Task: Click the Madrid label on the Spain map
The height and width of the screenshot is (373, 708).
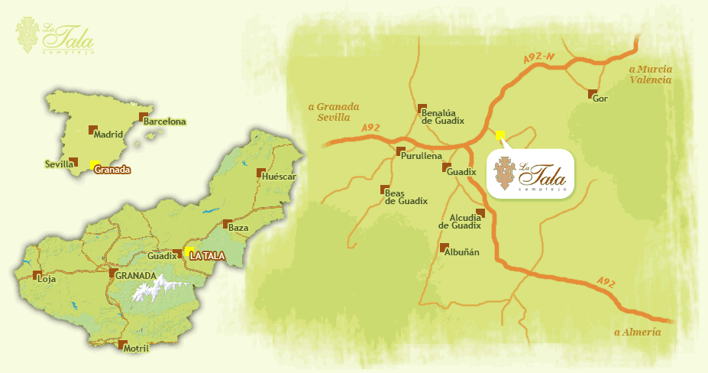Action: click(x=108, y=135)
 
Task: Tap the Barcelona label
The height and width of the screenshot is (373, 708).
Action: click(x=165, y=122)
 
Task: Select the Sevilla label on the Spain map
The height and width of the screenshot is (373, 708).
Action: click(x=59, y=164)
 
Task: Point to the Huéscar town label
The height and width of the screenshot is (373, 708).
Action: click(x=278, y=177)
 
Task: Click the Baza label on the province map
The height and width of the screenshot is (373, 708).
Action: click(x=239, y=227)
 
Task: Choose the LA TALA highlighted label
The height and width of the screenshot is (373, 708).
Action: click(x=207, y=256)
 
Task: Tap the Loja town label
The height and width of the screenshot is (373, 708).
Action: click(x=47, y=279)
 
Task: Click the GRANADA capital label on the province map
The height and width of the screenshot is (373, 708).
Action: click(x=137, y=275)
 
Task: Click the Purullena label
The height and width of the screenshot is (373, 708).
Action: click(x=422, y=156)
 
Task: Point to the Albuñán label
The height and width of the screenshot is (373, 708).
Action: click(x=461, y=252)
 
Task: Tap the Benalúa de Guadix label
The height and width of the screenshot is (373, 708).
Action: click(x=443, y=116)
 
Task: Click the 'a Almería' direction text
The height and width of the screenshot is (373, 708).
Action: click(x=637, y=332)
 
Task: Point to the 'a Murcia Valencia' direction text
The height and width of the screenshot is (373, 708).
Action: click(x=650, y=74)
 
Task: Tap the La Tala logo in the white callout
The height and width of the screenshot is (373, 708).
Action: click(x=530, y=174)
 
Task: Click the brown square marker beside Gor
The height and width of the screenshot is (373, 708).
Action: click(x=592, y=95)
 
